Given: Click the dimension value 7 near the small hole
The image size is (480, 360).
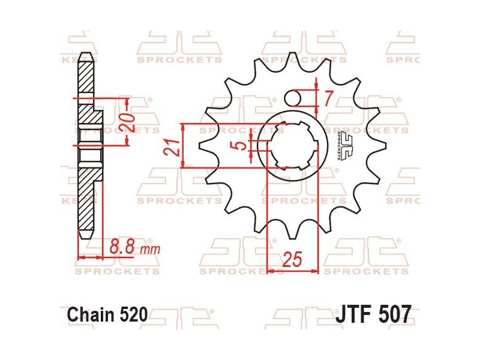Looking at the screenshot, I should pos(328,98).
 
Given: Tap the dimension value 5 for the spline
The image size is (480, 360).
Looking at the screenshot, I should pos(241,145).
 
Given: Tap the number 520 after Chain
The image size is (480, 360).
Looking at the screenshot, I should pos(132,314).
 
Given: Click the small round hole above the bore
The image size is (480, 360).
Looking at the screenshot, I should pos(294,97).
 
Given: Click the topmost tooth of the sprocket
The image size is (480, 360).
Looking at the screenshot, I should pos(292,61).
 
